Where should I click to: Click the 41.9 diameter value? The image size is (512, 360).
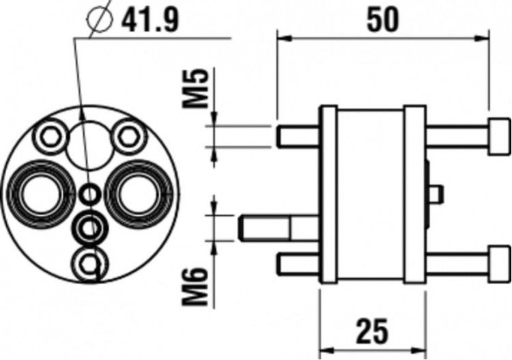tap(150, 21)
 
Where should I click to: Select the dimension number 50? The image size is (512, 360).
tap(383, 20)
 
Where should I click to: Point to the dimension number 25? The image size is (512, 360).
tap(372, 332)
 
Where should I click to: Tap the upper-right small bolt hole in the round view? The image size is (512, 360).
tap(126, 135)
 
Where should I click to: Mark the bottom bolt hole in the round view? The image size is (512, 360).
tap(88, 263)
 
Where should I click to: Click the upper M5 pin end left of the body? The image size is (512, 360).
tap(284, 135)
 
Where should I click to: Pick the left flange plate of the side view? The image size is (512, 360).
tap(328, 194)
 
